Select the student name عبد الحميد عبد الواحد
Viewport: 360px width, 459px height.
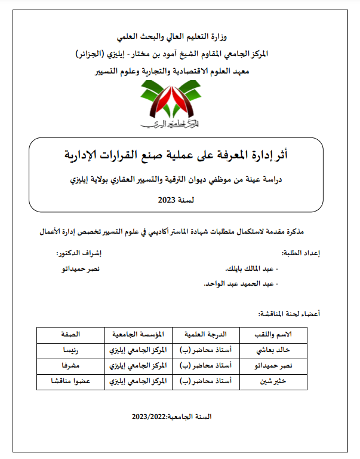point(239,284)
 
